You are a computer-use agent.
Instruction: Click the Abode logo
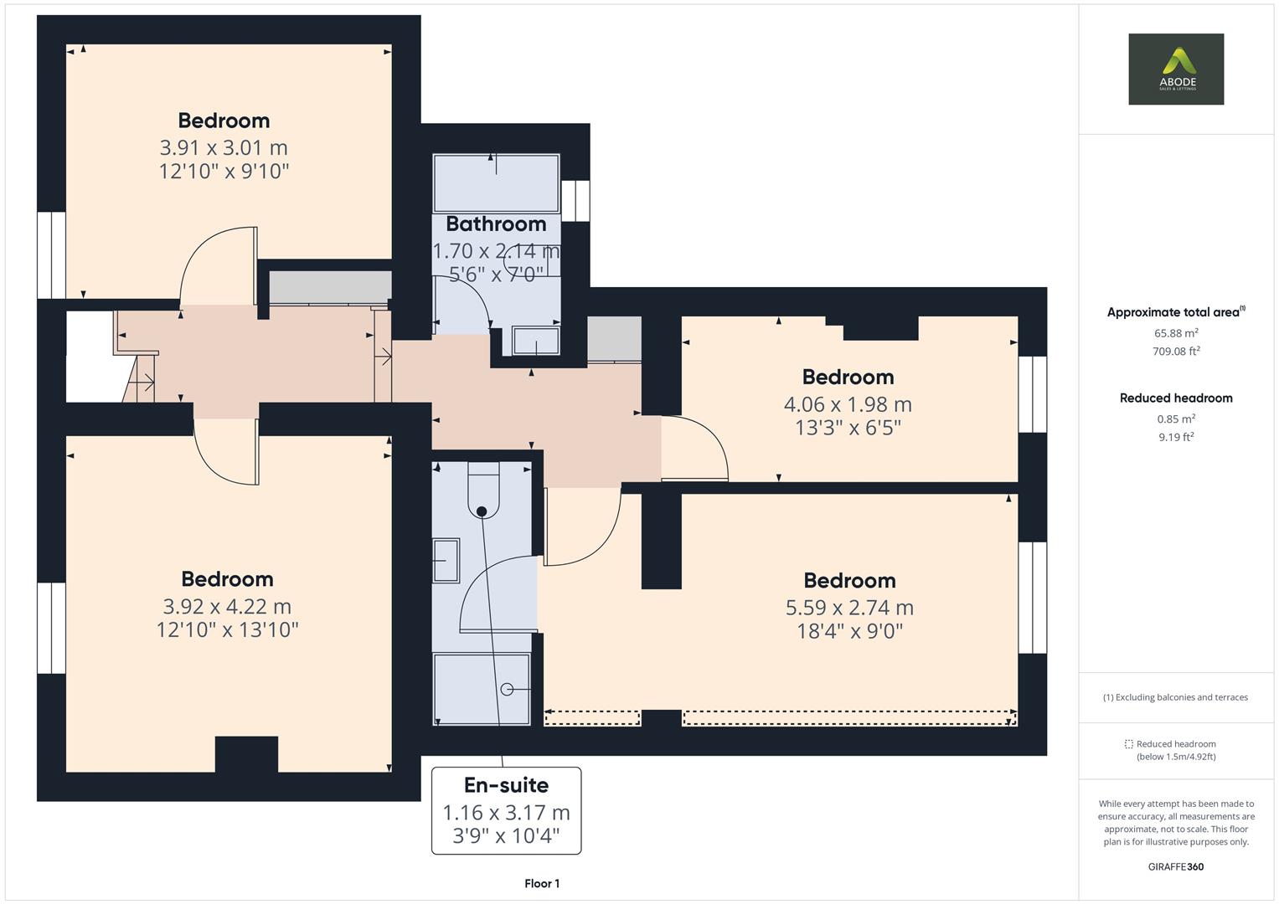tap(1176, 69)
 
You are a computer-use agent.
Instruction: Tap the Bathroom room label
tap(496, 224)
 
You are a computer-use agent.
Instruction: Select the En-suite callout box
tap(506, 810)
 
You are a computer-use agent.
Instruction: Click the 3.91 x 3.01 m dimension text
tap(224, 148)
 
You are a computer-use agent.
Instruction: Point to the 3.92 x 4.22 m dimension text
tap(227, 606)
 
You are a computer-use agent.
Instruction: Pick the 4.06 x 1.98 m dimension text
tap(848, 404)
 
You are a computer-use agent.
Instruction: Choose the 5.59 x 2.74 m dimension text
tap(849, 608)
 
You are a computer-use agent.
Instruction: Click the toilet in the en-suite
tap(482, 494)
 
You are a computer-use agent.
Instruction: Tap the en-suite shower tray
tap(482, 688)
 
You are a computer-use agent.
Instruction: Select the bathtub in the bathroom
tap(496, 182)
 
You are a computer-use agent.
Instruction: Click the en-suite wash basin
tap(446, 560)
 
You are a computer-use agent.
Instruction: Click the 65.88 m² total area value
tap(1176, 332)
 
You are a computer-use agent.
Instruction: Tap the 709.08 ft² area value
tap(1176, 352)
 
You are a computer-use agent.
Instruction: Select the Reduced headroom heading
tap(1176, 398)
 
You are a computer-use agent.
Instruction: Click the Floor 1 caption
tap(542, 883)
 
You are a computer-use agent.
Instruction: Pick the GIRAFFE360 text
tap(1176, 866)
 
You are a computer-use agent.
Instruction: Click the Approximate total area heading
tap(1174, 312)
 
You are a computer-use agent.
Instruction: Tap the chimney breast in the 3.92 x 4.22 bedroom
tap(246, 754)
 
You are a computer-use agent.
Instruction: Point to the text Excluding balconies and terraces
tap(1180, 697)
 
